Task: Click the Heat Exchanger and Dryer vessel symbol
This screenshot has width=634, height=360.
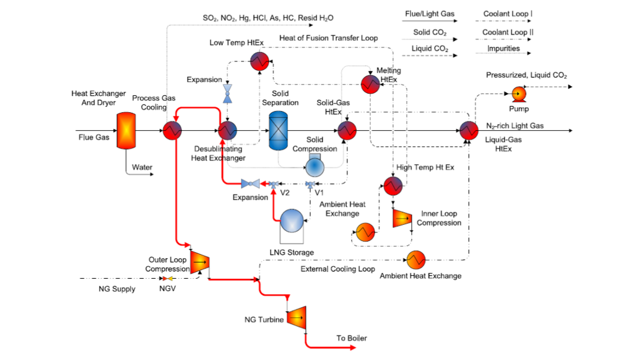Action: coord(126,131)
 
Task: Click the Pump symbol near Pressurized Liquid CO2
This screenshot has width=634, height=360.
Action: coord(518,94)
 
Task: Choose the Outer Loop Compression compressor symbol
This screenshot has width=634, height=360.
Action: coord(199,262)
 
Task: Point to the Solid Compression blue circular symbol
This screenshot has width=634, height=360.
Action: coord(315,166)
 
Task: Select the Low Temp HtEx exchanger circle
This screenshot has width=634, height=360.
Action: coord(258,60)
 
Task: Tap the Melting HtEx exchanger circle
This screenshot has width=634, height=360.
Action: coord(370,83)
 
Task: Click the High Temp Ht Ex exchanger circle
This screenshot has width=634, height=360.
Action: coord(392,185)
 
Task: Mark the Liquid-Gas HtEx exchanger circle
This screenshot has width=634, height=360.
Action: coord(469,131)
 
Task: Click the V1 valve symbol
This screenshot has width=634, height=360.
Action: coord(310,184)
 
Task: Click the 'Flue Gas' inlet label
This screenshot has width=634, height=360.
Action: coord(93,137)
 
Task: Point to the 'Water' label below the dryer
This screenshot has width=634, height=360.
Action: coord(142,167)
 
